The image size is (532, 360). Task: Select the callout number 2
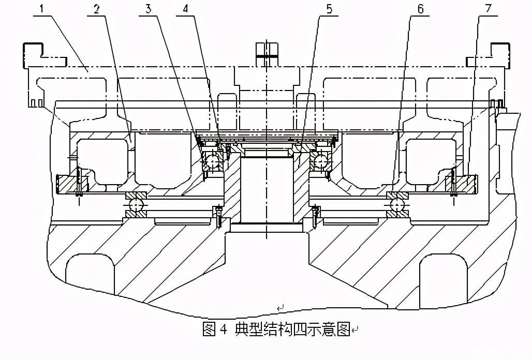pyautogui.click(x=96, y=9)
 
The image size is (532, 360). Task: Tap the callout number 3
pyautogui.click(x=148, y=9)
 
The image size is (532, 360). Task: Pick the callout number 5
pyautogui.click(x=329, y=9)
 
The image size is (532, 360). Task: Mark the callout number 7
pyautogui.click(x=489, y=9)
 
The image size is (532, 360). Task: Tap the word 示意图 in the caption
pyautogui.click(x=329, y=329)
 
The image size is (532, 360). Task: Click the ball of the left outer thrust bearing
pyautogui.click(x=137, y=206)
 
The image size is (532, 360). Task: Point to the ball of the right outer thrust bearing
pyautogui.click(x=397, y=206)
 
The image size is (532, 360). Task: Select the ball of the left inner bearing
pyautogui.click(x=212, y=162)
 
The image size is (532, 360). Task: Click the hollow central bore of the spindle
pyautogui.click(x=267, y=189)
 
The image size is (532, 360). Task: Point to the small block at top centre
pyautogui.click(x=267, y=51)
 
